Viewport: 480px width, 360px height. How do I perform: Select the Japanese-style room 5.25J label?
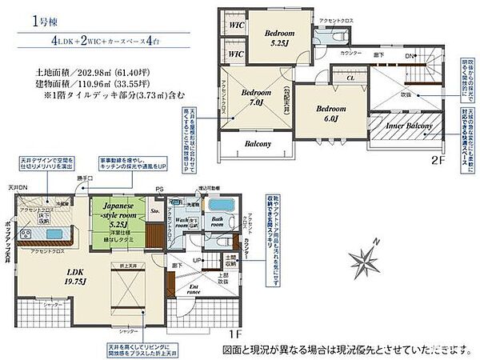point(119,215)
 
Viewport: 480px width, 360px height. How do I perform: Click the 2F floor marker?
point(437,159)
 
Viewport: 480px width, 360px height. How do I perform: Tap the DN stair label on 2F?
point(409,57)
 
